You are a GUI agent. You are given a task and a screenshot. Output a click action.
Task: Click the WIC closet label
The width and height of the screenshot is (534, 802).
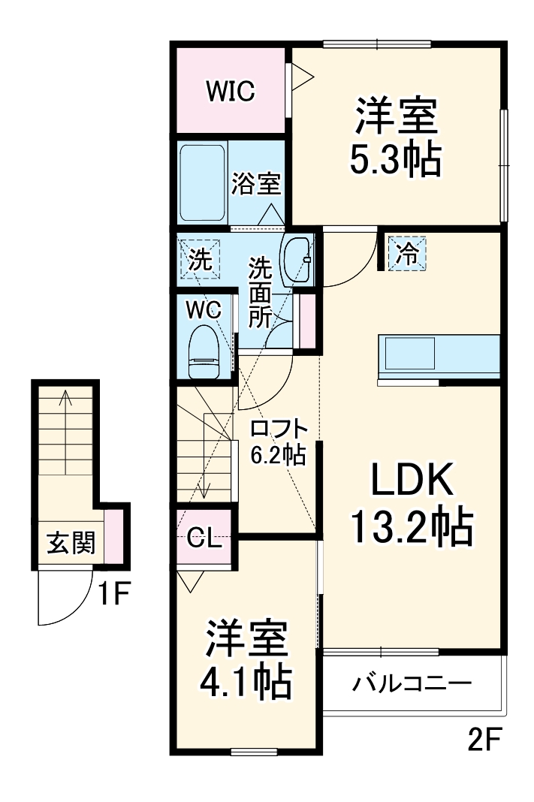[231, 91]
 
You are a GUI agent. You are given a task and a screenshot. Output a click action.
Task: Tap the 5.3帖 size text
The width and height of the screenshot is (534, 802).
[395, 159]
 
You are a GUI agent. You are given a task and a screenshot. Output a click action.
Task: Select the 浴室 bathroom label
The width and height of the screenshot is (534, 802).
[256, 184]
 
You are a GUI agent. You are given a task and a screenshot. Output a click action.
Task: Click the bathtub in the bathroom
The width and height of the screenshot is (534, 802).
[203, 182]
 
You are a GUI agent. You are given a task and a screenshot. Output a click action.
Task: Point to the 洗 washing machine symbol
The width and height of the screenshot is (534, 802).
[199, 259]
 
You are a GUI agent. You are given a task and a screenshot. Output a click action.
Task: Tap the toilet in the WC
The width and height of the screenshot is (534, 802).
[204, 352]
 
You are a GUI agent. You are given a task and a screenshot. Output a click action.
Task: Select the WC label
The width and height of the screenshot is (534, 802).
[204, 310]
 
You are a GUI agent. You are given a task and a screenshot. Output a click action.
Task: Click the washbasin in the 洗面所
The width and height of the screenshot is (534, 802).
[297, 260]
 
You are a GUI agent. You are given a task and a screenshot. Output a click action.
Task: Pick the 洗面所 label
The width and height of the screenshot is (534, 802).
[261, 293]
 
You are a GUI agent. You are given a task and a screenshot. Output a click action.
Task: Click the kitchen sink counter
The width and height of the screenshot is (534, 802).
[439, 354]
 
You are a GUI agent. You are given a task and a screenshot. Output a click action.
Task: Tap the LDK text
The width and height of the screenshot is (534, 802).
[412, 479]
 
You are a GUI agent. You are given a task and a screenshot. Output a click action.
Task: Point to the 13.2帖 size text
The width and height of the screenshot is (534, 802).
[412, 526]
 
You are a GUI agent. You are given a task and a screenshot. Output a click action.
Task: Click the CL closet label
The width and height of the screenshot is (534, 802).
[204, 538]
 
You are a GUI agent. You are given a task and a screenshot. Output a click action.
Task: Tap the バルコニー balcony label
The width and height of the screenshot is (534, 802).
[412, 683]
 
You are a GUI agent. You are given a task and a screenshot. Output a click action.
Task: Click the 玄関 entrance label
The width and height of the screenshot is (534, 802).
[71, 543]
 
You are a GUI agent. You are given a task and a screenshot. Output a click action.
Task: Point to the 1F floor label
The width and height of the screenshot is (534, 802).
[114, 594]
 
